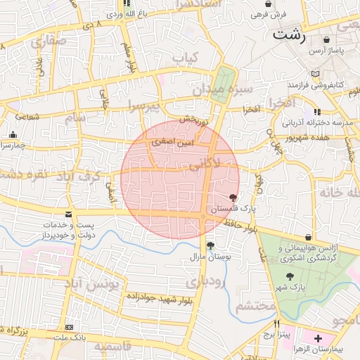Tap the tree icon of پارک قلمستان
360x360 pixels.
[233, 198]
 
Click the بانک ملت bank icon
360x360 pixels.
[69, 327]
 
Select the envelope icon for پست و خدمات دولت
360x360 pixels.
[68, 213]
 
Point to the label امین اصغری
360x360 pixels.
[172, 142]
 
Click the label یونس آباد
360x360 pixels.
[96, 283]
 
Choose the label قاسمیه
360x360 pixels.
[112, 347]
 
